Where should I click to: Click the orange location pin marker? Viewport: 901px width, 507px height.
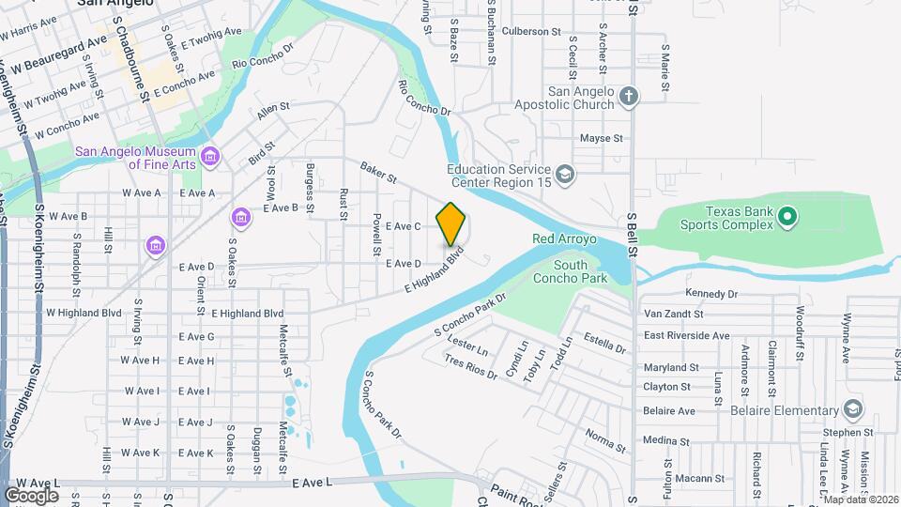coord(451,223)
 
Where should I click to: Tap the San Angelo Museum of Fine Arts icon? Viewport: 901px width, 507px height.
coord(209,155)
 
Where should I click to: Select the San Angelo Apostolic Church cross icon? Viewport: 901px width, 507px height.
coord(629,95)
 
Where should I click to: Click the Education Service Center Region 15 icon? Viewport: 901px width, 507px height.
coord(565,174)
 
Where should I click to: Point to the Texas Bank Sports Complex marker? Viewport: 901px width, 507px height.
coord(788,219)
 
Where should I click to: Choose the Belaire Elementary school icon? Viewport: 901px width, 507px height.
coord(852,410)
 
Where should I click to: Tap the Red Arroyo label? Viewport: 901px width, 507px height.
coord(565,239)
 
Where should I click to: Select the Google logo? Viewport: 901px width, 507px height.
coord(31,495)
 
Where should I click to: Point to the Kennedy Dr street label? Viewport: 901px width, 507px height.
coord(712,294)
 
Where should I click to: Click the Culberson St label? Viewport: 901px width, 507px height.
coord(530,31)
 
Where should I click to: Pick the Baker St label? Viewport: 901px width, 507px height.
coord(379,171)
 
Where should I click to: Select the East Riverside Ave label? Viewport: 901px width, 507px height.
coord(686,335)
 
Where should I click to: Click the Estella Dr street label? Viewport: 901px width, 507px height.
coord(605,341)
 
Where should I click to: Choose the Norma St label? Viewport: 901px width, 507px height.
coord(606,438)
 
